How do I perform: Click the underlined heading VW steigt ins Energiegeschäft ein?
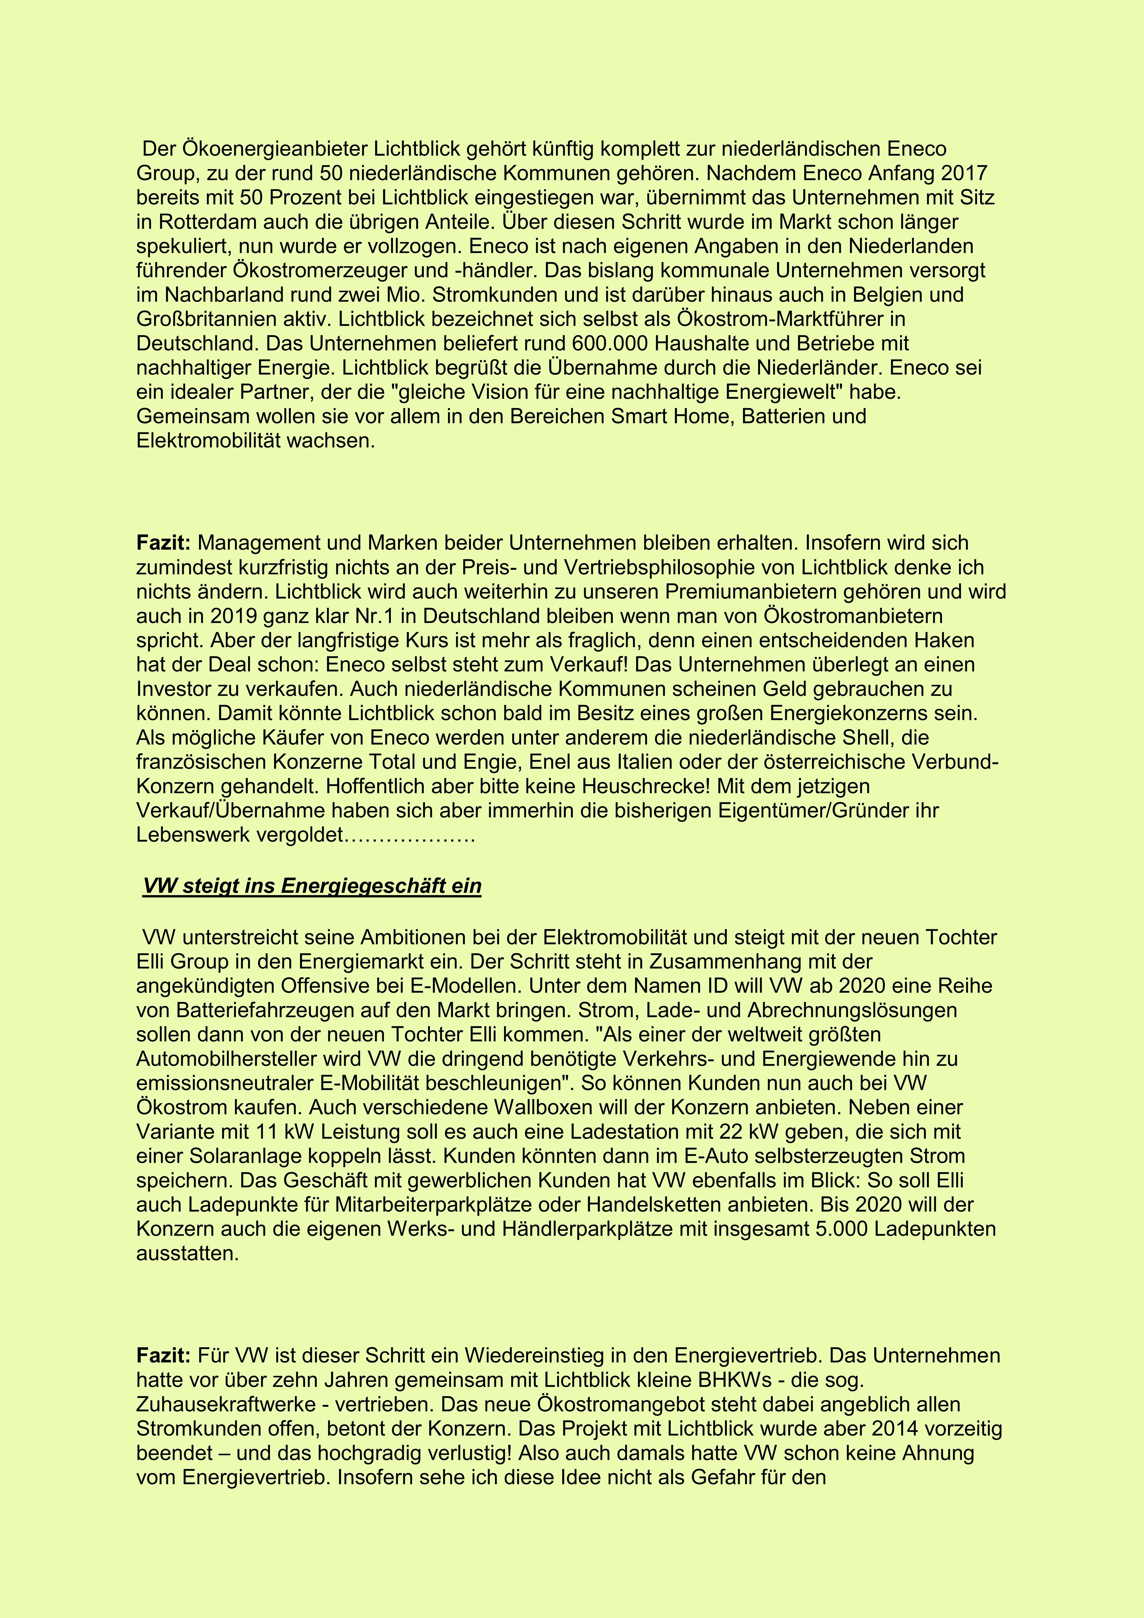(x=312, y=886)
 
